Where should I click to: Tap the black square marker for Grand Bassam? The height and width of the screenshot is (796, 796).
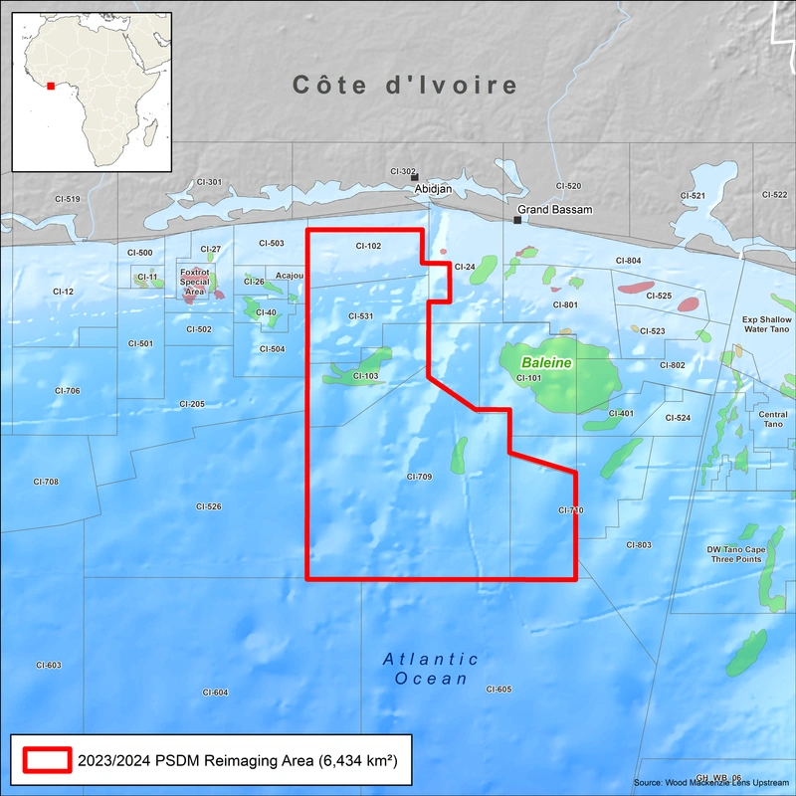click(x=517, y=220)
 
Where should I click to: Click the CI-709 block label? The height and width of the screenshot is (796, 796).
click(x=419, y=478)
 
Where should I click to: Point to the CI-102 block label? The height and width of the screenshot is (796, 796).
click(x=367, y=245)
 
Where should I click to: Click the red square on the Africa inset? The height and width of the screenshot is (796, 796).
click(x=51, y=86)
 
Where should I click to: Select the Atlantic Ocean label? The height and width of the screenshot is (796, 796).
click(x=431, y=669)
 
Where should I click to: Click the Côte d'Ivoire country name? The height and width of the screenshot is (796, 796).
click(x=405, y=86)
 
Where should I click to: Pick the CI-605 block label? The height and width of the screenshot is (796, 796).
click(x=498, y=690)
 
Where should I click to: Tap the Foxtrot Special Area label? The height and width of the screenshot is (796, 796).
click(x=195, y=282)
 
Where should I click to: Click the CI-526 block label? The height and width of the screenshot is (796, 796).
click(x=208, y=506)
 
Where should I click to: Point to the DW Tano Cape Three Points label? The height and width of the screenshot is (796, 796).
click(x=735, y=554)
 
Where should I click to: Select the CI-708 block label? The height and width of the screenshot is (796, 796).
click(x=46, y=482)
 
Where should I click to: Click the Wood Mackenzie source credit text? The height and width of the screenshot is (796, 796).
click(x=710, y=783)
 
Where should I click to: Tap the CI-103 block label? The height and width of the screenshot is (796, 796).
click(x=365, y=376)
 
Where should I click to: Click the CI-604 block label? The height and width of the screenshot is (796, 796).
click(x=215, y=693)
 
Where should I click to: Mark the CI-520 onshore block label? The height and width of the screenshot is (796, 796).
click(x=568, y=186)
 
